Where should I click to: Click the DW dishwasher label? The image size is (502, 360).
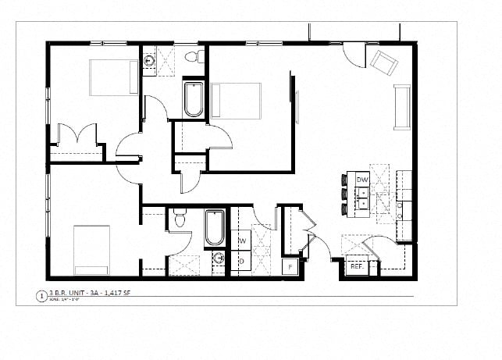(361, 180)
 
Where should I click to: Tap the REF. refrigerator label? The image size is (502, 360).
(357, 266)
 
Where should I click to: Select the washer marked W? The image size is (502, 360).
(242, 240)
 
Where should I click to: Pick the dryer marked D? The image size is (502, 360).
(241, 261)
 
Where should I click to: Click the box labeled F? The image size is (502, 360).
(290, 267)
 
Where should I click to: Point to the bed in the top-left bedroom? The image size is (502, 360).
(113, 77)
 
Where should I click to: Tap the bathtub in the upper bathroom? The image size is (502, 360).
(194, 99)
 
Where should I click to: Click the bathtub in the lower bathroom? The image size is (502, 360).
(215, 228)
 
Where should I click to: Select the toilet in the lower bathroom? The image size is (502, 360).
(180, 219)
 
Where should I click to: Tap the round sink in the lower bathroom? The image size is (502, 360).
(219, 258)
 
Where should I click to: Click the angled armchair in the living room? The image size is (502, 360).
(383, 61)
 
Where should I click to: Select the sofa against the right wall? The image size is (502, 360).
(402, 107)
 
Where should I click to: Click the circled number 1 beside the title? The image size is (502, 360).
(41, 295)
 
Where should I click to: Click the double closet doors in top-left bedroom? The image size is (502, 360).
(79, 134)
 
